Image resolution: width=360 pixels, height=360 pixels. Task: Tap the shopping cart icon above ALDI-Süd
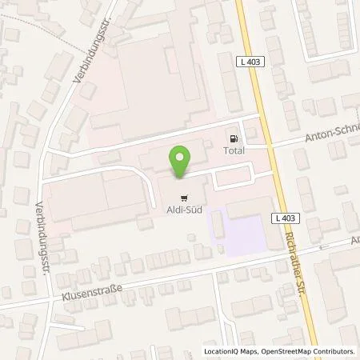(x=185, y=195)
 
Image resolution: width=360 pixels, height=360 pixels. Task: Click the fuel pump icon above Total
(x=234, y=136)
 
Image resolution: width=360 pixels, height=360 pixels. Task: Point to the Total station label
(x=234, y=149)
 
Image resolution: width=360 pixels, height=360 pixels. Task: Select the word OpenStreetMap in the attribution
(x=286, y=351)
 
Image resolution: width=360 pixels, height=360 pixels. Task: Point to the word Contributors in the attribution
(x=335, y=351)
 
